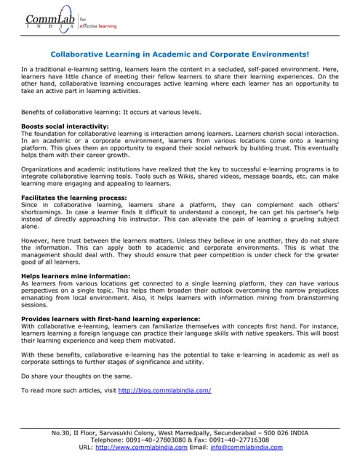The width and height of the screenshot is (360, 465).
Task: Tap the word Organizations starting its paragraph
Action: [44, 168]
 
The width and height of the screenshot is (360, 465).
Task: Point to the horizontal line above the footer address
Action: [179, 426]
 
